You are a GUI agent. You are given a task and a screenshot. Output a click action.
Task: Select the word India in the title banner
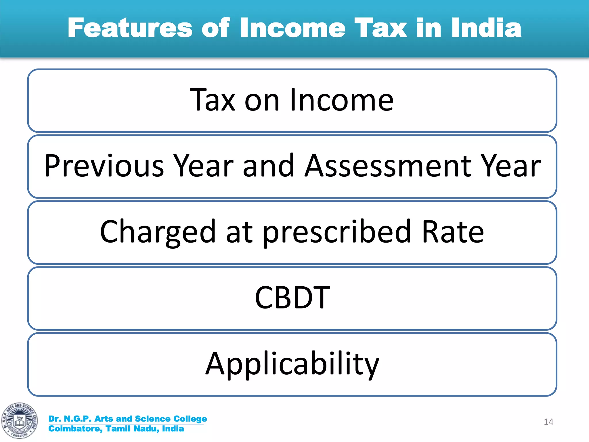486,28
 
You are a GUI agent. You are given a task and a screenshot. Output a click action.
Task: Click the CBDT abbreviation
292,298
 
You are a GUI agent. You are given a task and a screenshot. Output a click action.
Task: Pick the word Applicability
292,364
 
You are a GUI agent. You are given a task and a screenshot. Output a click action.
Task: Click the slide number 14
548,422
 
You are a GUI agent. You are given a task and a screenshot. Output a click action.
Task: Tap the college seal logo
20,420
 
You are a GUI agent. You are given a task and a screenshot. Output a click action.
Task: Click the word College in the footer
190,419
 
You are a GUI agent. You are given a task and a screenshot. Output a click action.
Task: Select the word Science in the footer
152,419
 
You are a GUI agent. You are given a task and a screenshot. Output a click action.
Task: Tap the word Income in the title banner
292,28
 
